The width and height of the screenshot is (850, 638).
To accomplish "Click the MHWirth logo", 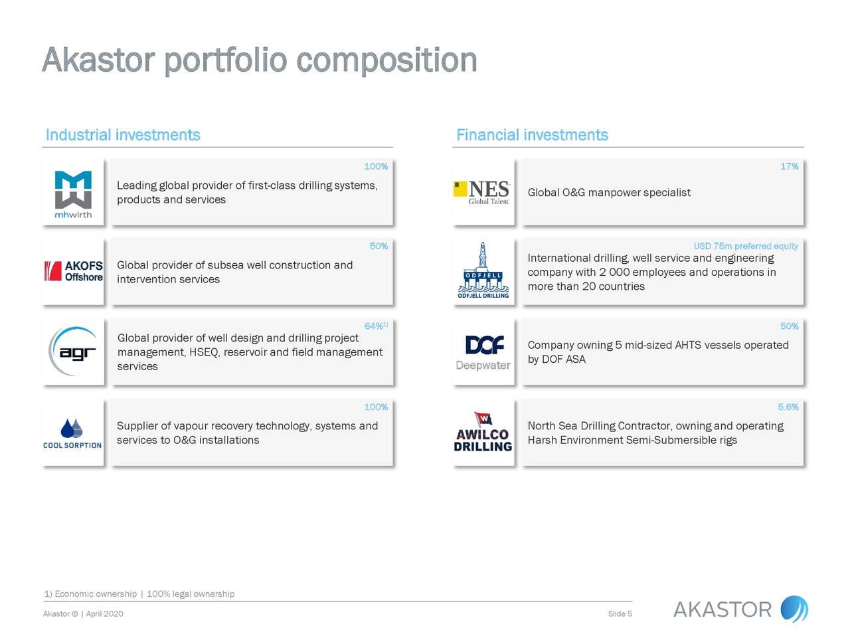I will tap(73, 194).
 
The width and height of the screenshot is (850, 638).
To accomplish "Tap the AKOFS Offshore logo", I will tap(74, 271).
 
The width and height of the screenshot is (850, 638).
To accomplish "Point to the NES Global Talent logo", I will tap(483, 192).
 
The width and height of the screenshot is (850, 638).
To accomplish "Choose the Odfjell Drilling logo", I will tap(483, 271).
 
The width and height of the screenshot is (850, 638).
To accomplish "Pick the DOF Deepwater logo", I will tap(483, 352).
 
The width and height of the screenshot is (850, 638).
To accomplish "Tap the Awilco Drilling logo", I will tap(483, 433).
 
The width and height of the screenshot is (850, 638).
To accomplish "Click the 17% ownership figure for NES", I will tap(789, 166).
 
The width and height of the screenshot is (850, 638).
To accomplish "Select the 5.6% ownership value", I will tap(788, 407).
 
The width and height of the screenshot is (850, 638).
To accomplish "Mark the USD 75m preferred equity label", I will tap(746, 246).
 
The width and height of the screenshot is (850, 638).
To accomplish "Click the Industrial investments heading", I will tap(123, 135).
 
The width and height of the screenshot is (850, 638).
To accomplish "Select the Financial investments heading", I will tap(532, 135).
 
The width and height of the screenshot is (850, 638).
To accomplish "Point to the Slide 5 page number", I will tap(620, 613).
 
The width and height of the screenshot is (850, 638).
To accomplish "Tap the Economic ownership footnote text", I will tap(96, 593).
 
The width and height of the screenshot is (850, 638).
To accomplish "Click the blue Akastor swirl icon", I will tap(794, 609).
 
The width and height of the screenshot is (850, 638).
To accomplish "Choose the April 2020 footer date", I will tap(104, 613).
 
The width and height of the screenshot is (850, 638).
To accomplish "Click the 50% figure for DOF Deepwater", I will tap(789, 326).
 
